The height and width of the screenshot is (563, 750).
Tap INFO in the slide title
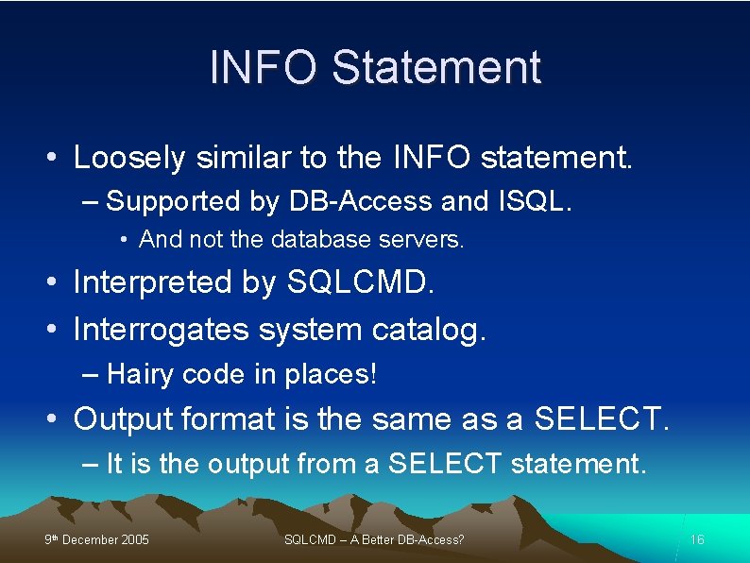point(265,67)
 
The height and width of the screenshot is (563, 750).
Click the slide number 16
point(697,539)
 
